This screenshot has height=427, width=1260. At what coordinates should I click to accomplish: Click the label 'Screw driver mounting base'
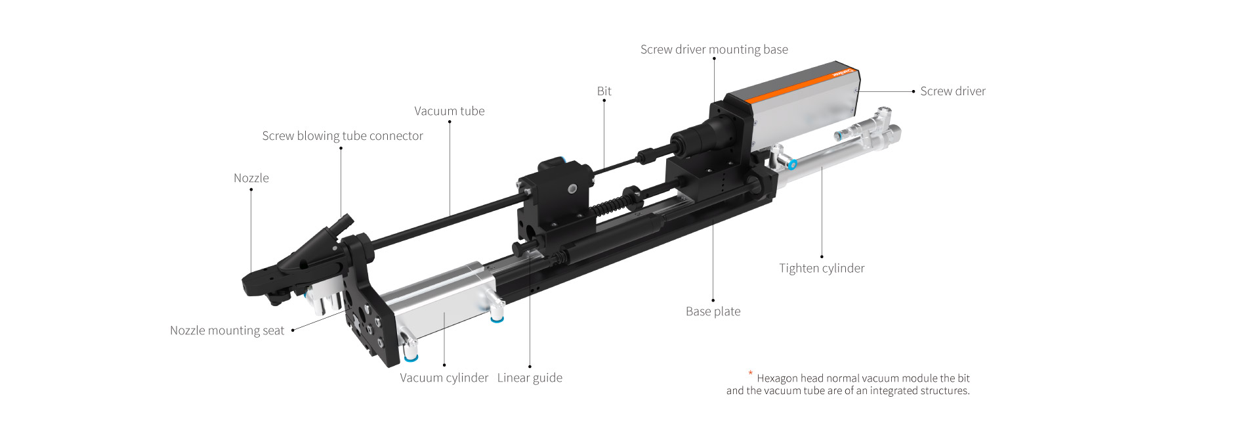pos(714,49)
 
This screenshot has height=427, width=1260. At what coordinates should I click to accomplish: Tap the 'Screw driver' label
pos(952,91)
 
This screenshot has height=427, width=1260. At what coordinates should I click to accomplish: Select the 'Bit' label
pos(604,91)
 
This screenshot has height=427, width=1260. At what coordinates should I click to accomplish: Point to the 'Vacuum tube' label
pos(449,111)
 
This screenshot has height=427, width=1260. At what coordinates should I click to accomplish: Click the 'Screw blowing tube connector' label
pos(342,136)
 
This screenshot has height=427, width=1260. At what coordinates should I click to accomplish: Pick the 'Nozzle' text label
pos(251,178)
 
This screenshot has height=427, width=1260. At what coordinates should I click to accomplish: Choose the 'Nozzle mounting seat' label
pos(226,330)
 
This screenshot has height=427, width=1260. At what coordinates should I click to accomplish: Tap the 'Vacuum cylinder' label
pos(444,378)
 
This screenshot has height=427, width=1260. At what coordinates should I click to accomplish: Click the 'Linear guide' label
pos(529,378)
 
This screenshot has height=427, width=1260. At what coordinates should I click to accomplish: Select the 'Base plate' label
pos(713,311)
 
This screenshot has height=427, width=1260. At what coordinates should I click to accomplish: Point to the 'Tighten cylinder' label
pos(822,268)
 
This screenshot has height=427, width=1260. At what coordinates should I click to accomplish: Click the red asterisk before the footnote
pos(750,373)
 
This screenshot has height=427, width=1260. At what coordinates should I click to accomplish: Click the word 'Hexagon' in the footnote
pos(777,378)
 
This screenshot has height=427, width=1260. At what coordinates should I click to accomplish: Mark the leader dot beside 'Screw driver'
pos(913,91)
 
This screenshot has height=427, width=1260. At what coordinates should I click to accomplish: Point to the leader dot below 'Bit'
pos(604,101)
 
